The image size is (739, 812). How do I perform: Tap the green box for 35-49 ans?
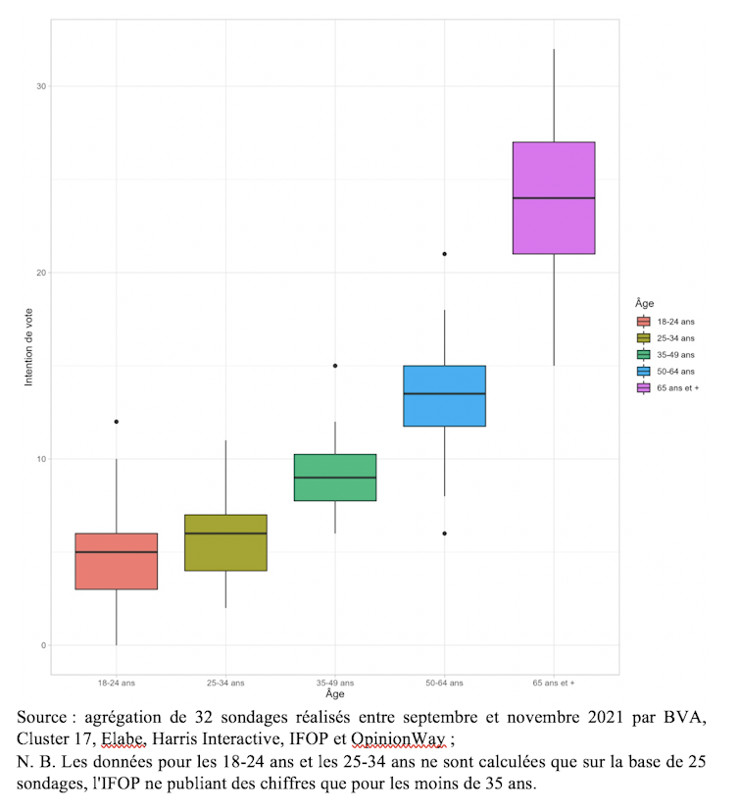[335, 478]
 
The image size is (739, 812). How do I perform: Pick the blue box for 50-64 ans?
[445, 396]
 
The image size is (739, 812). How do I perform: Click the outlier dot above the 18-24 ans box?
[116, 422]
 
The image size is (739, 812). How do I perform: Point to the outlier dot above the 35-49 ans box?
[335, 366]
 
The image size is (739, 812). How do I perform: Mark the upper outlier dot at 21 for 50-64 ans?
[445, 254]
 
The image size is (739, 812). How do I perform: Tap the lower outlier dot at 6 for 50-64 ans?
[445, 533]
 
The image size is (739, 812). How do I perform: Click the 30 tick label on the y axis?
[41, 86]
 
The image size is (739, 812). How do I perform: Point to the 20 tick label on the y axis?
[41, 273]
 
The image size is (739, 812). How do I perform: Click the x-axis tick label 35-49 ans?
[335, 682]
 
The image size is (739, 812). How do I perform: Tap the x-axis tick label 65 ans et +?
[554, 682]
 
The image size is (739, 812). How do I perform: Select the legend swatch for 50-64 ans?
[644, 372]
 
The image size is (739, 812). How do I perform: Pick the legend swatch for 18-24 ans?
[644, 322]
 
